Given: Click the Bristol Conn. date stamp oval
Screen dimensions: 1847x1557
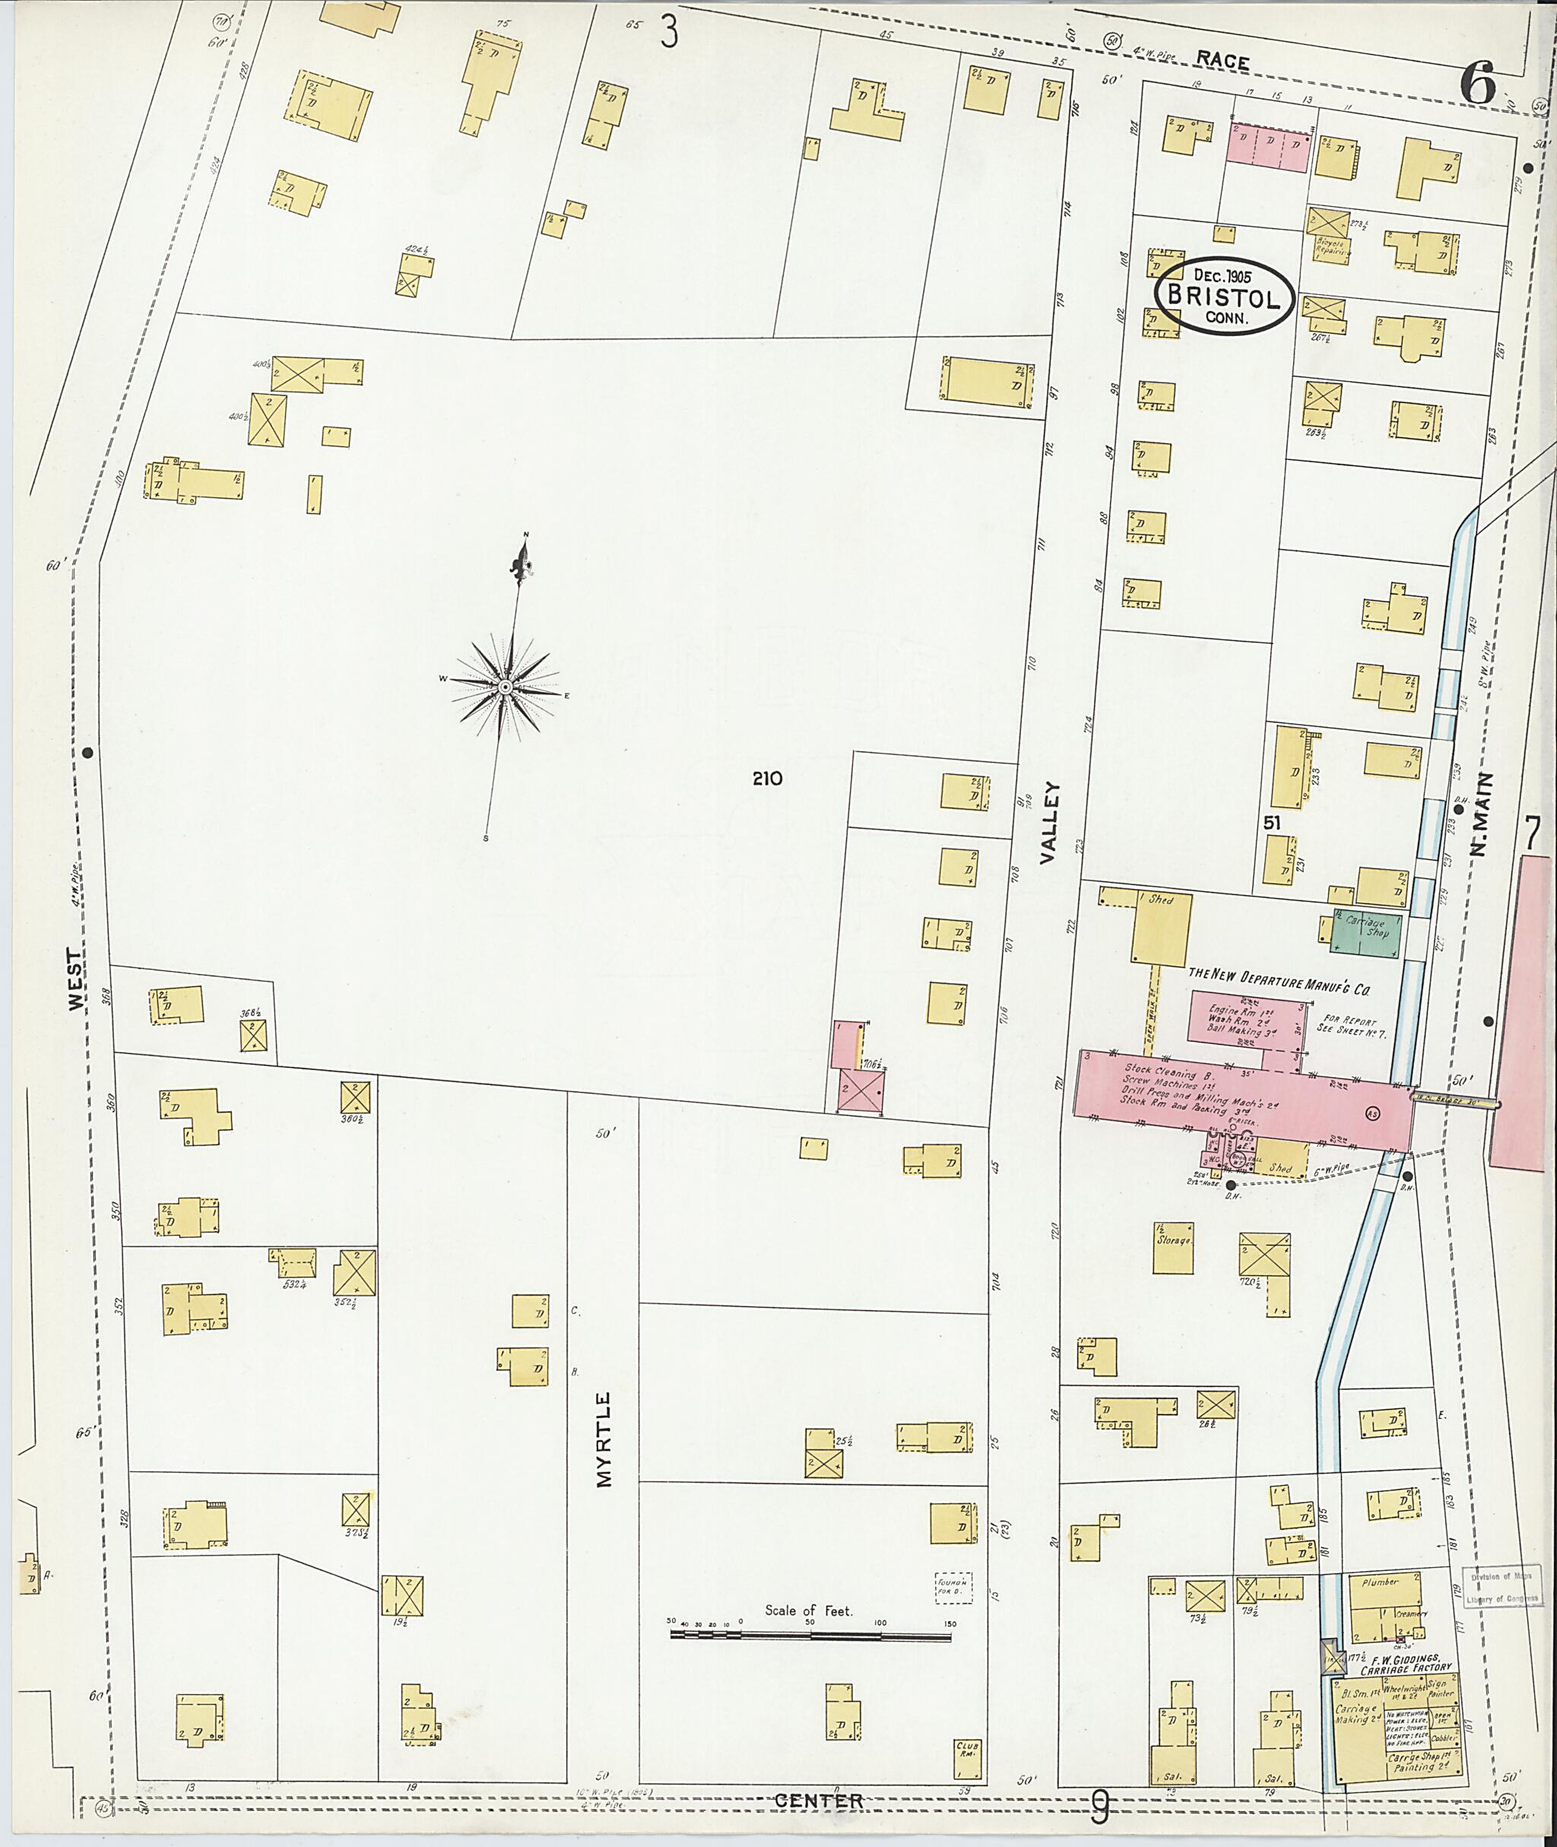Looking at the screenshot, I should pyautogui.click(x=1224, y=297).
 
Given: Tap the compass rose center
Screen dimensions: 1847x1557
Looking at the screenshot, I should pyautogui.click(x=505, y=687).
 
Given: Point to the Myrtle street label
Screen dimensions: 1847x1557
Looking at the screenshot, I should pyautogui.click(x=604, y=1440).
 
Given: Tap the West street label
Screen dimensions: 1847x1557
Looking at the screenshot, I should pyautogui.click(x=78, y=980).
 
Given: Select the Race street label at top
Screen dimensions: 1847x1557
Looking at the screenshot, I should pyautogui.click(x=1222, y=61).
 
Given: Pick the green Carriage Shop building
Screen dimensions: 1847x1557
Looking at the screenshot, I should pyautogui.click(x=1365, y=934).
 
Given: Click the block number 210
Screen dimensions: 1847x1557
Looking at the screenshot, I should pyautogui.click(x=767, y=779).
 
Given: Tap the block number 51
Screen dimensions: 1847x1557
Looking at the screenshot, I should pyautogui.click(x=1271, y=822).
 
